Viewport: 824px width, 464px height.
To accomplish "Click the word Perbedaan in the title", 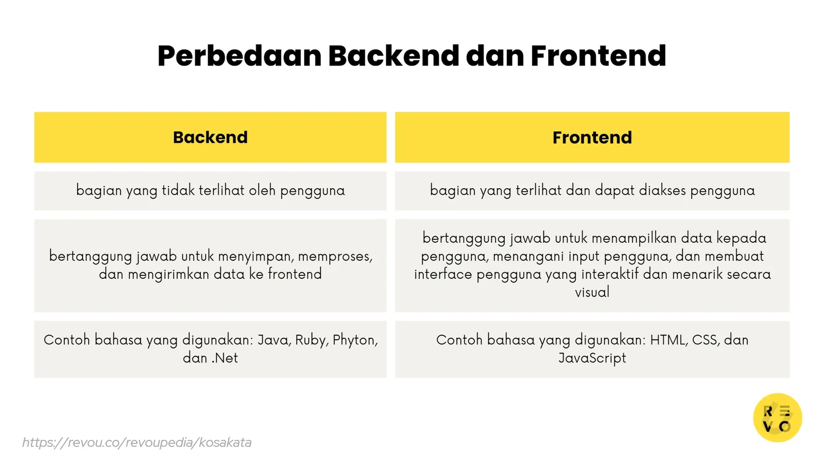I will [x=239, y=56].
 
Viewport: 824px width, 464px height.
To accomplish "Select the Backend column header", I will [x=210, y=137].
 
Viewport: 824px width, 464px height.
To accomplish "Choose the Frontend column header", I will [x=592, y=137].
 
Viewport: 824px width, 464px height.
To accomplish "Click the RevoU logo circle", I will [x=777, y=418].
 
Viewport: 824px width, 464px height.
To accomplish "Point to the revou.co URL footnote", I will [x=136, y=442].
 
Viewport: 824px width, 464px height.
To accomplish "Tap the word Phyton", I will [x=355, y=340].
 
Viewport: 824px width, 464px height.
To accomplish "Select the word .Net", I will [x=225, y=358].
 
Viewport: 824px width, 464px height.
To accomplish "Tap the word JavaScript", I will [x=592, y=358].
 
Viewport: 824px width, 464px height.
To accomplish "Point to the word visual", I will [x=592, y=292].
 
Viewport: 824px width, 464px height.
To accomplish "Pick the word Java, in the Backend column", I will [x=274, y=340].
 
